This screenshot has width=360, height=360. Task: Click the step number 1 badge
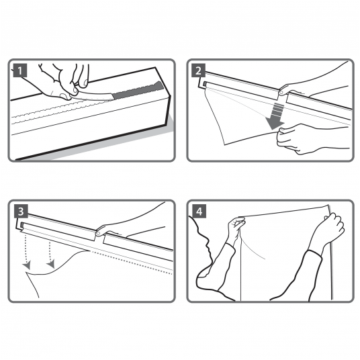point(20,71)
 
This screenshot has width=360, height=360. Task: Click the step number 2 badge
point(199,71)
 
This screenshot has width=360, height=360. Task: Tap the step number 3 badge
point(21,211)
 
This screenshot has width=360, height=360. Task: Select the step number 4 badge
point(199,211)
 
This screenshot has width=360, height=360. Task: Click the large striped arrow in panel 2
point(277,116)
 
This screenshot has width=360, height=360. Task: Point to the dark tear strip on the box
point(138,90)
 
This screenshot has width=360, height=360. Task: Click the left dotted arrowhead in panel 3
point(27,265)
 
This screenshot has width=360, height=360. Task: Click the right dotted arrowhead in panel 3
point(51,264)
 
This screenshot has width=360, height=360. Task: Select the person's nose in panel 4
point(208,249)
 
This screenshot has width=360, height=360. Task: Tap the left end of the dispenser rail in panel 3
point(19,223)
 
